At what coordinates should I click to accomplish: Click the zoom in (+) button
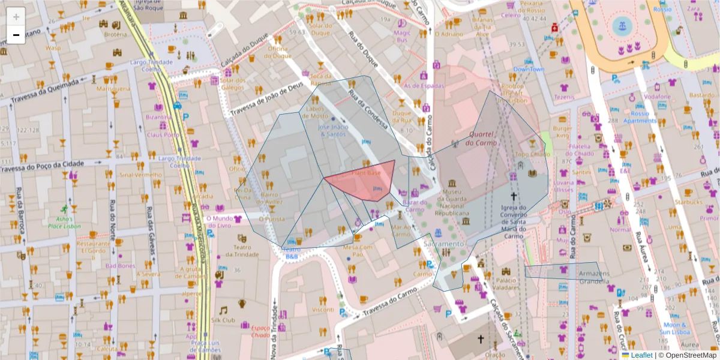[x=16, y=17]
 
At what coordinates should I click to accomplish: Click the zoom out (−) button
[x=16, y=35]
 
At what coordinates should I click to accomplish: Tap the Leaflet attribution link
[x=641, y=355]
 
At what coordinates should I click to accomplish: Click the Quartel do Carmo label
[x=484, y=139]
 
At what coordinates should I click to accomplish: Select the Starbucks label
[x=687, y=202]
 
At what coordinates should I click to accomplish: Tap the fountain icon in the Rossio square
[x=622, y=26]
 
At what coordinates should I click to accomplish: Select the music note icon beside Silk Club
[x=223, y=310]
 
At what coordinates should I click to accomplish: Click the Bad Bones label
[x=120, y=265]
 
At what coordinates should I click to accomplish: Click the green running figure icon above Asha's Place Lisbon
[x=64, y=209]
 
